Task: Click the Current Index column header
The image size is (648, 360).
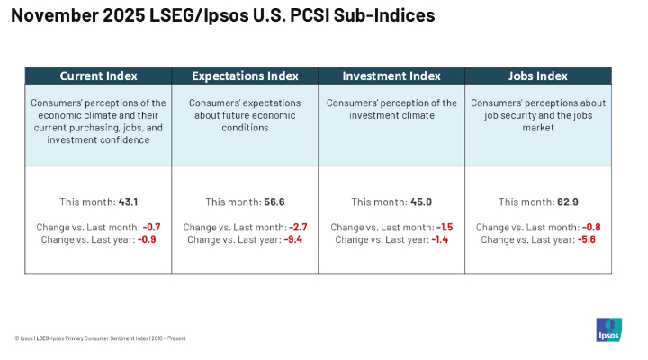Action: (97, 76)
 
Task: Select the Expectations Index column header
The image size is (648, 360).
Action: (244, 76)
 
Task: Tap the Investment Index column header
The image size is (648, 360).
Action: (391, 76)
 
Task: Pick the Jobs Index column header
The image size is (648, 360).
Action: (538, 76)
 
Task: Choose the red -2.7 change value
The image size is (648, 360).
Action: (297, 228)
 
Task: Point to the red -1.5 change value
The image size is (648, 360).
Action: (444, 228)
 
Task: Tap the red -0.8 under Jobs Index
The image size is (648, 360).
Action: (590, 228)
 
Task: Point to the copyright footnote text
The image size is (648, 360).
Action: (100, 338)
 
